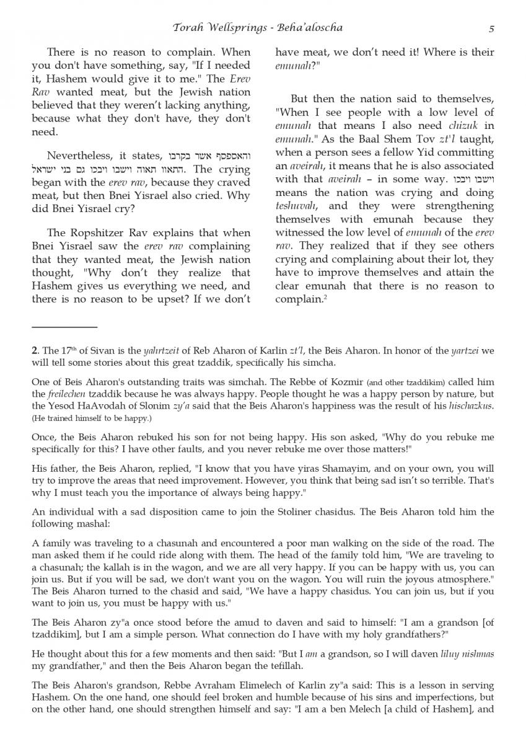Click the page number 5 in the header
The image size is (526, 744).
(491, 29)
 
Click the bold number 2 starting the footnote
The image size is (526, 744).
(34, 351)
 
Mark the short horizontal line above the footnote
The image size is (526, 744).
(64, 327)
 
